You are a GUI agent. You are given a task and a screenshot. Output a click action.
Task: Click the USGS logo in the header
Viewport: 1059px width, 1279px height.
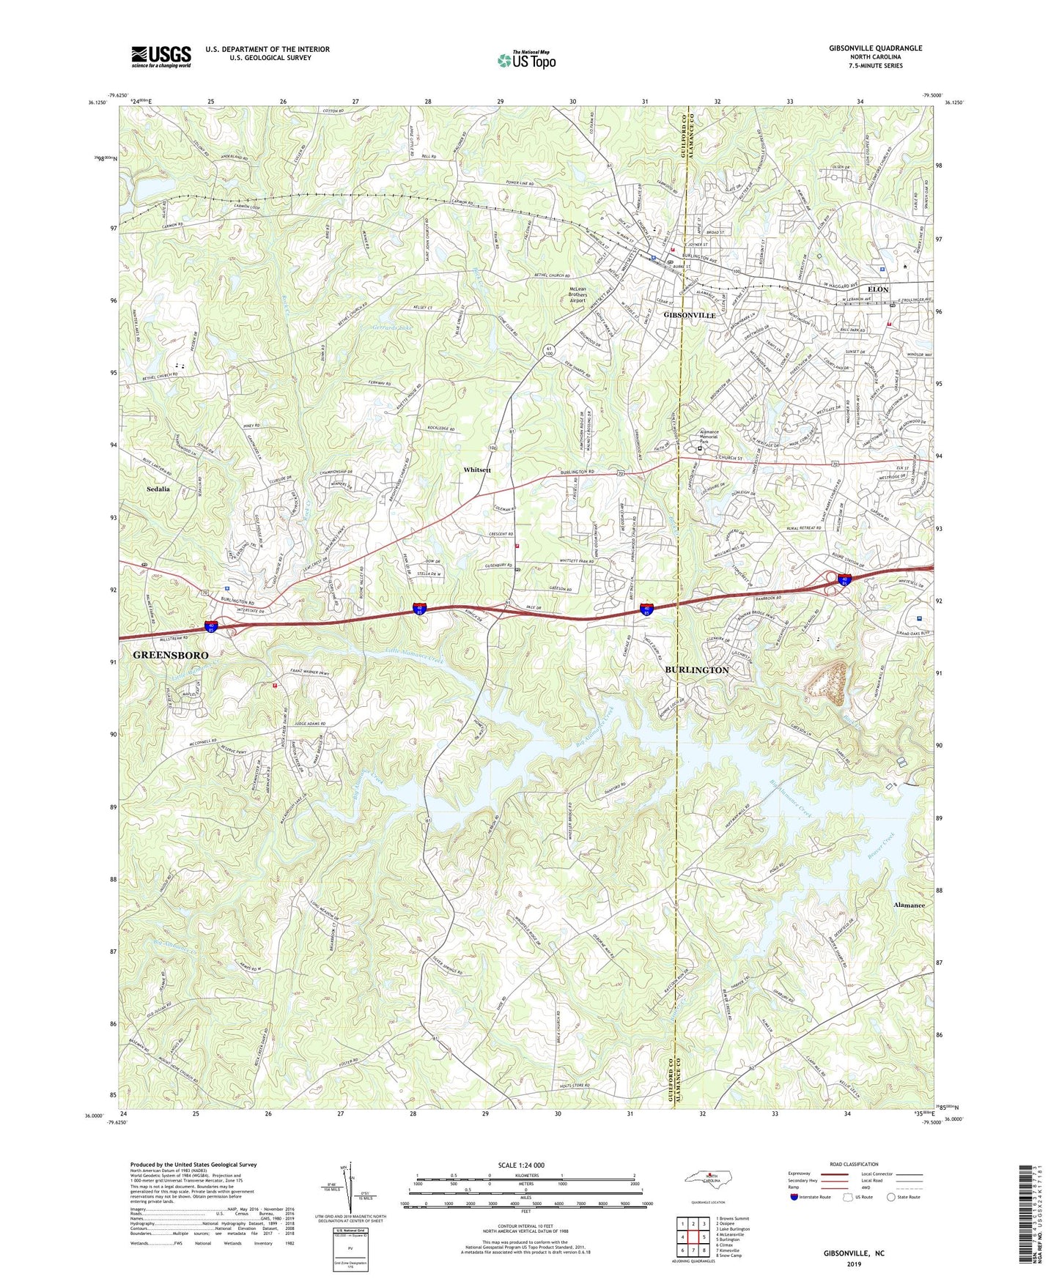coord(161,56)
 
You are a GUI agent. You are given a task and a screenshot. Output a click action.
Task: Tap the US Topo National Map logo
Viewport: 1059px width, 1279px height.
coord(525,59)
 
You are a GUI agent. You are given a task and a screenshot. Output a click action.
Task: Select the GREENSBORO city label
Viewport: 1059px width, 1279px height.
coord(171,655)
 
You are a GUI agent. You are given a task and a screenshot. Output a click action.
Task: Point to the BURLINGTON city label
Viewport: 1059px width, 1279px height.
coord(696,670)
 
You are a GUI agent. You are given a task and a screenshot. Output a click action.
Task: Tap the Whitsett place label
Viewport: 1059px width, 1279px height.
coord(476,470)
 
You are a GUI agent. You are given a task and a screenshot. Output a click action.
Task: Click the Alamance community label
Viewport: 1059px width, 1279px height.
coord(909,905)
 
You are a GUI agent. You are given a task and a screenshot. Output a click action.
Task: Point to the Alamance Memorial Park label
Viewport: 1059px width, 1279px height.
coord(709,437)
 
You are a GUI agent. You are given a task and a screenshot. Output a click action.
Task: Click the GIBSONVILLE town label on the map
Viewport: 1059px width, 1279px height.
coord(689,315)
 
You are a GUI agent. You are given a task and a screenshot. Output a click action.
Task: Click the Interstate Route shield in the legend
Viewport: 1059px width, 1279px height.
coord(794,1197)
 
